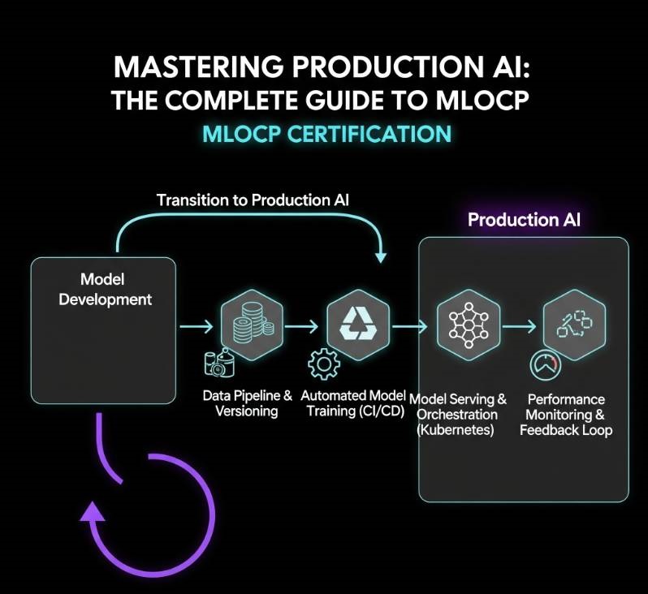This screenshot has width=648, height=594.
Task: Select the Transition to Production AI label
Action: pos(253,200)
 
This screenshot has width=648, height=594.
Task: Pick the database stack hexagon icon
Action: pos(251,324)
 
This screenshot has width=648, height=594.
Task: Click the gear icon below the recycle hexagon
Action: pos(323,364)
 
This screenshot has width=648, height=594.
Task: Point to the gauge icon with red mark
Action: pos(545,365)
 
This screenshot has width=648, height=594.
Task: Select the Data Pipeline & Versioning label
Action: pos(247,403)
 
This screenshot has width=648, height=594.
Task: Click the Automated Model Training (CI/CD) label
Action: pos(352,403)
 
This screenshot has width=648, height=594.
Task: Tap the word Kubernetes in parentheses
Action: pos(456,429)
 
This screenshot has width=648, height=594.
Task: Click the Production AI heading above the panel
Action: pos(524,220)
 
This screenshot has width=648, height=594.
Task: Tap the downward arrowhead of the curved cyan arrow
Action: pos(379,256)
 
